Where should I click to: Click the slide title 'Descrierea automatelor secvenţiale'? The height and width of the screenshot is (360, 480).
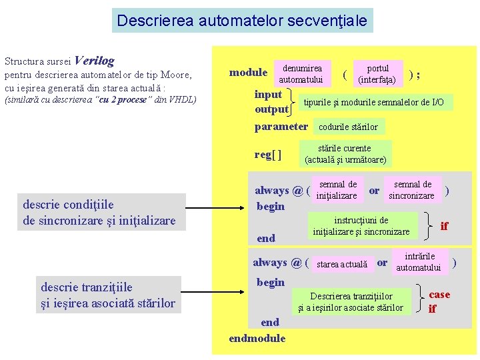pos(242,21)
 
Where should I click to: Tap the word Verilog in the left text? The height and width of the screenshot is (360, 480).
pos(95,61)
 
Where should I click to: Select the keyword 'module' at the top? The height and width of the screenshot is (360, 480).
pos(248,73)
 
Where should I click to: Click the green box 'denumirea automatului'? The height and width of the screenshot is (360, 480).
pos(301,73)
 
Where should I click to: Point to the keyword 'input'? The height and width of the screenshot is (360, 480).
pos(268,94)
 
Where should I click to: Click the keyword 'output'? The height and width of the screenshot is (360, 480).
pos(271,109)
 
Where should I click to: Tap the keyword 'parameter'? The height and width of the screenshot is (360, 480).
pos(281,126)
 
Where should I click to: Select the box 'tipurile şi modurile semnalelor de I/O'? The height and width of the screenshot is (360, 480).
pos(373,102)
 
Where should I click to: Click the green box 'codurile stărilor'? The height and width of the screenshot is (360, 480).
pos(348,127)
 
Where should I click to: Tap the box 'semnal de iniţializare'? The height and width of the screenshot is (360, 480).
pos(337,190)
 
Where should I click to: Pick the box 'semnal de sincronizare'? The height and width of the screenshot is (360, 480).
pos(411,190)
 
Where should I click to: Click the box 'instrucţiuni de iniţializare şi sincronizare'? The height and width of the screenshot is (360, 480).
pos(361,225)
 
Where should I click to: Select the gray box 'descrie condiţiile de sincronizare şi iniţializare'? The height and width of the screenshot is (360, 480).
pos(99,213)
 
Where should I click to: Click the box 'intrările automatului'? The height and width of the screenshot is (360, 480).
pos(419,262)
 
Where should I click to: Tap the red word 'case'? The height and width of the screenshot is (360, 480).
pos(439,294)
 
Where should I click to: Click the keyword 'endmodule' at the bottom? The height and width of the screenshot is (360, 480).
pos(257,338)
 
